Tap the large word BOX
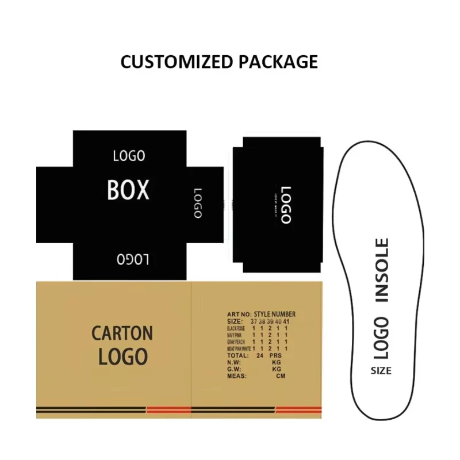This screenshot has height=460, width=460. click(x=128, y=190)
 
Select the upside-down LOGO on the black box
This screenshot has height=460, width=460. click(x=133, y=260)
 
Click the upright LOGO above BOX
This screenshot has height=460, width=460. click(x=129, y=156)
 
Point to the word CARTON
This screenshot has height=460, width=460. click(x=122, y=333)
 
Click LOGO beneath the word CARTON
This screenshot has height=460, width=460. click(x=122, y=356)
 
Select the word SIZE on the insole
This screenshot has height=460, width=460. click(x=381, y=371)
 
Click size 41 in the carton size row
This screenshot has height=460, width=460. click(x=286, y=321)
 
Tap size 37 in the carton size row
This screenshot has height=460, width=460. click(x=254, y=321)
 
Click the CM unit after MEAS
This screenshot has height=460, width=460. click(x=281, y=376)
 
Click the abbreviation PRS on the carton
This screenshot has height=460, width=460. click(x=278, y=356)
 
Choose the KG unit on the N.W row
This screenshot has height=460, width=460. click(x=277, y=363)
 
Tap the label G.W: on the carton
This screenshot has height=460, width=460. click(x=235, y=369)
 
